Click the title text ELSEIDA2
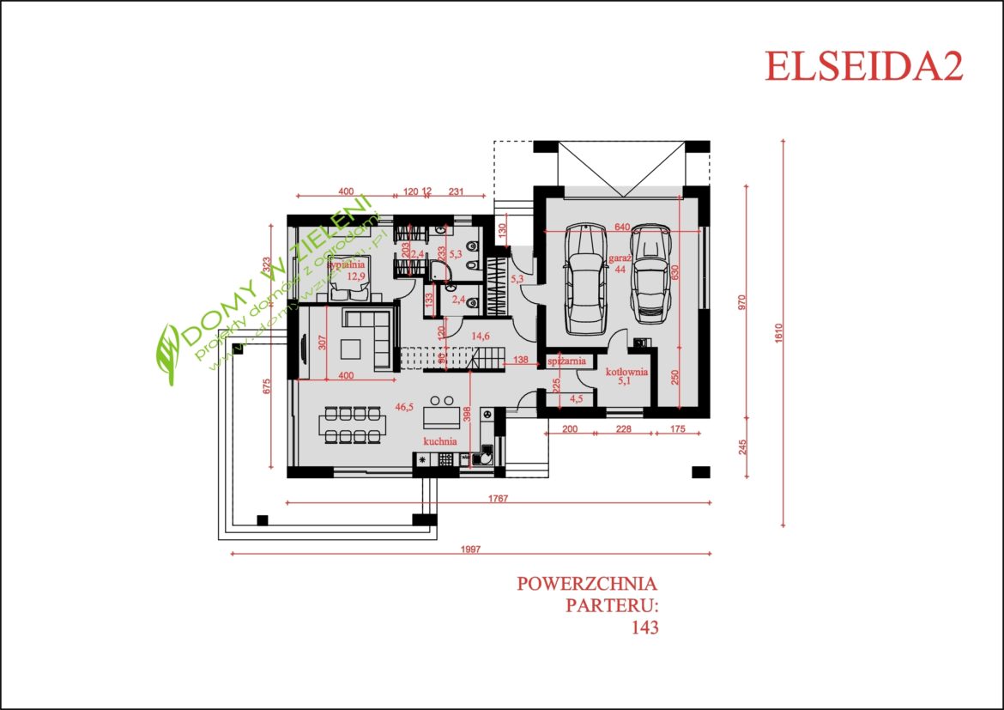pos(863,67)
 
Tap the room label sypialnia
pos(347,265)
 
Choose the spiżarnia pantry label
pos(566,361)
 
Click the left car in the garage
pos(584,279)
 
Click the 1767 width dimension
pos(499,498)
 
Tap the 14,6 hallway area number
pos(481,337)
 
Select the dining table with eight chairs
pos(354,424)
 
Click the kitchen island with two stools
pos(443,416)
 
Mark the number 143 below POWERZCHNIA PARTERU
pos(644,628)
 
